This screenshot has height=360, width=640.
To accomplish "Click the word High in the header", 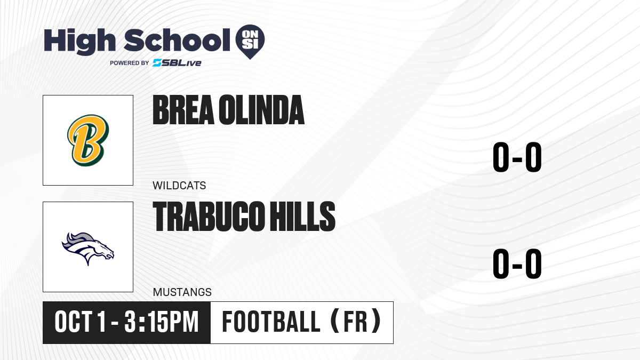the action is (79, 41).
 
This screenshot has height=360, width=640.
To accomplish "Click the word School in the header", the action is (177, 40).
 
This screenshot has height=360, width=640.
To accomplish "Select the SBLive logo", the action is (177, 63).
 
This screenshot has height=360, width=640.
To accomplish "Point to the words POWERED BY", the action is (130, 63).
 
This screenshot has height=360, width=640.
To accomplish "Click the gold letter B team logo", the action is (88, 140).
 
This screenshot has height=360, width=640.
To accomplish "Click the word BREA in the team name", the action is (183, 110).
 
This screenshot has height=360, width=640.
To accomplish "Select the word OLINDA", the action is (261, 110).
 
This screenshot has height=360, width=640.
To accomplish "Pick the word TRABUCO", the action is (207, 216).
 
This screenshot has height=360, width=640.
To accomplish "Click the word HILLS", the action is (302, 216).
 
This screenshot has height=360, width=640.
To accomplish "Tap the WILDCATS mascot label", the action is (179, 186).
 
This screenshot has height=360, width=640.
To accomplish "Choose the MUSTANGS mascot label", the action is (182, 292).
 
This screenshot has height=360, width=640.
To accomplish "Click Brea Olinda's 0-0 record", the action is (517, 157).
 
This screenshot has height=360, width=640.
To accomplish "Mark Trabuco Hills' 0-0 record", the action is (517, 263).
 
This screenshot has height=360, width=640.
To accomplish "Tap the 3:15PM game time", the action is (162, 322).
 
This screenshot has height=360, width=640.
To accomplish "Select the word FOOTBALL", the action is (271, 322).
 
